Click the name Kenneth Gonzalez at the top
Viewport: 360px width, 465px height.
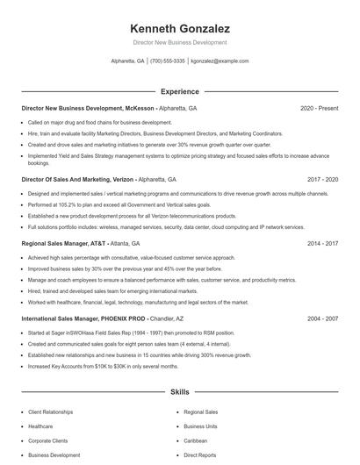179,28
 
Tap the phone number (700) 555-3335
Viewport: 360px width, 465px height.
168,61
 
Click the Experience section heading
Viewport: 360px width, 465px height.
179,91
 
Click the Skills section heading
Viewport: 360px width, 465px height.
179,392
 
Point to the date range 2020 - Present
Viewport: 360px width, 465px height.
319,108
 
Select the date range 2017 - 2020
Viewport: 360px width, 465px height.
320,179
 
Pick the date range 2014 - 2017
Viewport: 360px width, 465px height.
320,243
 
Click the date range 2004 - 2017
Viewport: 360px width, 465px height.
320,318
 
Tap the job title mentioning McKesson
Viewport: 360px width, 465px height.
88,108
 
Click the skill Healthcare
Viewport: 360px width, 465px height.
41,426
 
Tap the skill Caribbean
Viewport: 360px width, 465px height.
196,440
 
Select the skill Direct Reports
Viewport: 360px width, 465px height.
199,455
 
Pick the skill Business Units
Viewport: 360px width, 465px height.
199,426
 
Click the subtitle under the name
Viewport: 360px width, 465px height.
179,42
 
